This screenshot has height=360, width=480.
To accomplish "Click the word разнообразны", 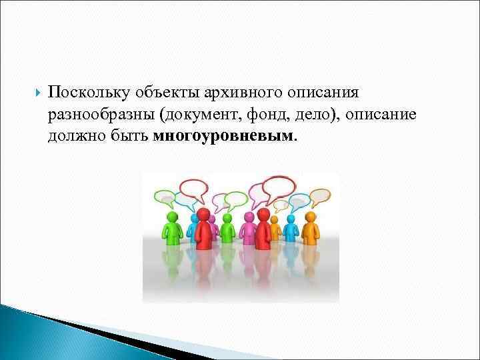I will (x=101, y=115).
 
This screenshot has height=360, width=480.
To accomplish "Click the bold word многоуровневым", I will (x=223, y=137).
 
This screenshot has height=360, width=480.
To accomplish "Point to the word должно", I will (x=74, y=137).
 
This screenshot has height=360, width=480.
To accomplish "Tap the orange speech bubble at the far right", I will (x=320, y=196).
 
